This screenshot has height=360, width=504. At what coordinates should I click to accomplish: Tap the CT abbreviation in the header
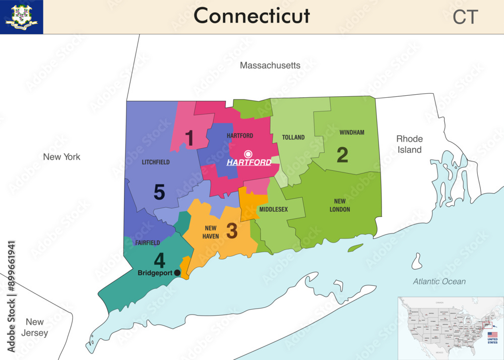click(x=465, y=17)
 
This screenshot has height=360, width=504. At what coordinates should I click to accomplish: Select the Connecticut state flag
click(x=22, y=17)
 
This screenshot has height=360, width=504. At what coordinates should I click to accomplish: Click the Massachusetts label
click(x=270, y=66)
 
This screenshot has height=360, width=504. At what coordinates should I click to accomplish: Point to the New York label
click(x=61, y=157)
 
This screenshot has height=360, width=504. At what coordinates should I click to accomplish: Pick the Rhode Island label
click(x=409, y=144)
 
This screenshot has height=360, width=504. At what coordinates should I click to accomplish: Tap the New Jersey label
click(x=35, y=327)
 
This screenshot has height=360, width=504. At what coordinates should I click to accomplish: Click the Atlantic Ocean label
click(x=439, y=281)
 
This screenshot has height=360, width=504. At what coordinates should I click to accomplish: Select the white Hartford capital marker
click(x=248, y=154)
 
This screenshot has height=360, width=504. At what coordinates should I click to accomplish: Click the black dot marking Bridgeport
click(x=177, y=273)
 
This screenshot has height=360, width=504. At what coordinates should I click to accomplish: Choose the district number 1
click(x=189, y=138)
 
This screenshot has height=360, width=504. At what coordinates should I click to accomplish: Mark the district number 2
click(x=342, y=155)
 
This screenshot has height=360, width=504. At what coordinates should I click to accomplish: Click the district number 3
click(x=231, y=230)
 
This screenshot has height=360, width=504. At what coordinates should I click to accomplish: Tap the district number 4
click(x=159, y=261)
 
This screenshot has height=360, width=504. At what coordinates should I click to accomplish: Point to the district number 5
click(x=159, y=192)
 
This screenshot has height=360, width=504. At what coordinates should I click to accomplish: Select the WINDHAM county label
click(x=352, y=133)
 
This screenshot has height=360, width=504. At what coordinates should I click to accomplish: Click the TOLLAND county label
click(x=293, y=138)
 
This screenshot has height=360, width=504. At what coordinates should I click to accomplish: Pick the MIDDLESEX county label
click(x=274, y=209)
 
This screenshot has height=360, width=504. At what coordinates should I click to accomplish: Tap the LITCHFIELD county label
click(x=156, y=162)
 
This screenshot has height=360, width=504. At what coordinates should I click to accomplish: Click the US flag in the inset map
click(x=492, y=335)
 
